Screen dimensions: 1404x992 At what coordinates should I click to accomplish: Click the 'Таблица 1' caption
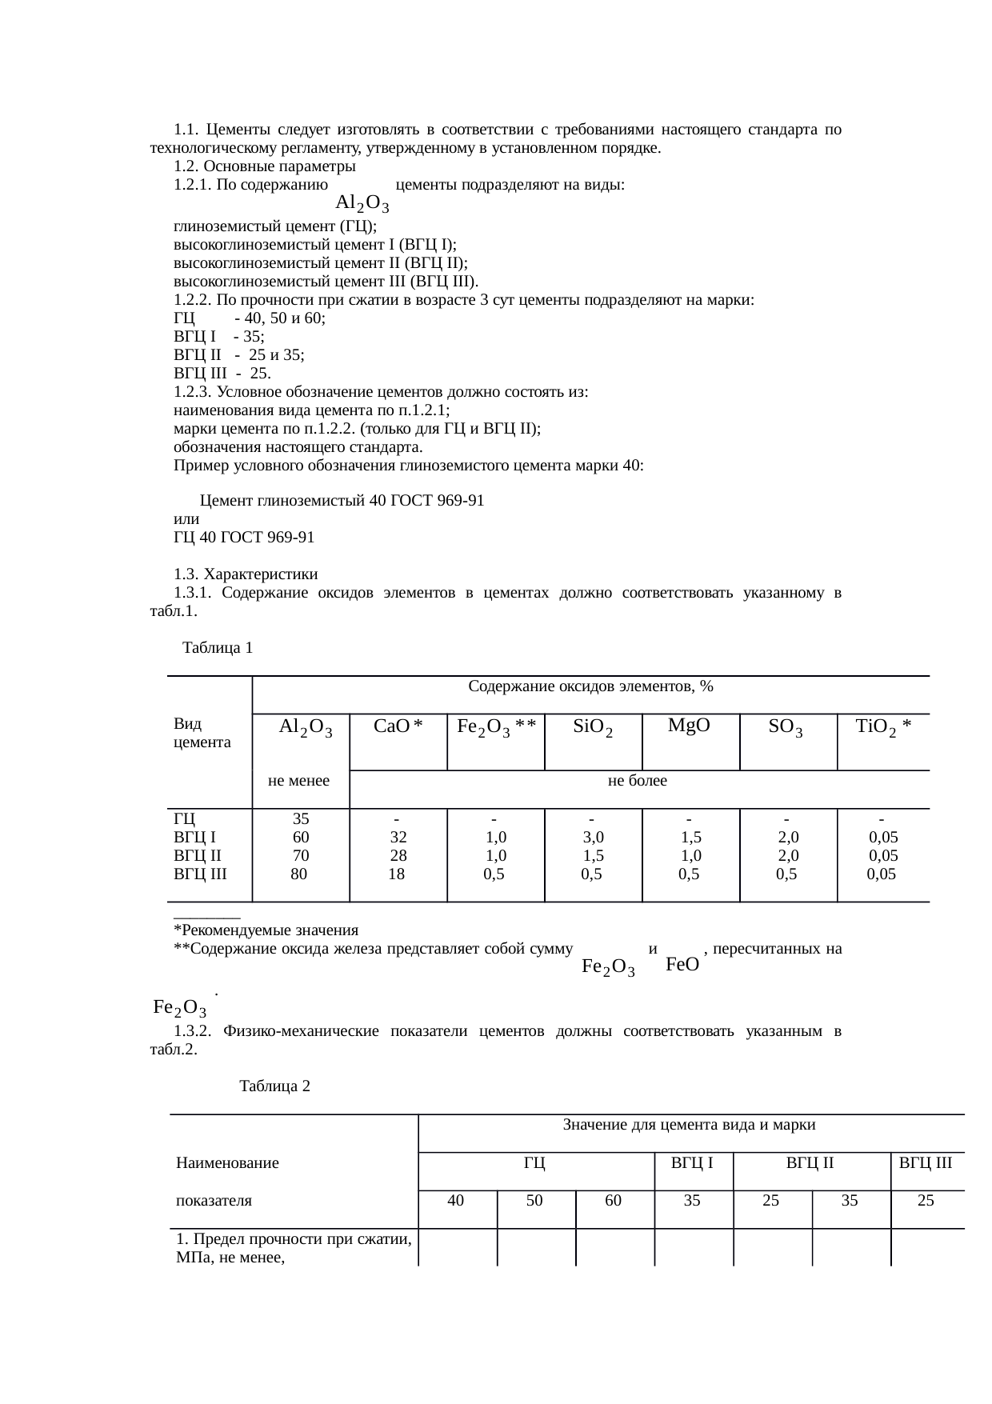218,648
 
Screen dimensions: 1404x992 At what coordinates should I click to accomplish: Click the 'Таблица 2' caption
274,1086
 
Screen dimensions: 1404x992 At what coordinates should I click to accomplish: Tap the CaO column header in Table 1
398,726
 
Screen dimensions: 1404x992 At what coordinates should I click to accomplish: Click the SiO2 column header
593,727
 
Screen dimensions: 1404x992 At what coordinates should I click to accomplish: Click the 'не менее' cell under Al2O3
299,781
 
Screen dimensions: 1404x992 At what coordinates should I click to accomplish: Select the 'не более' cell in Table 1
638,781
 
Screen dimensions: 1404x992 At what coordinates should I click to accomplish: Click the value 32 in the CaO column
398,838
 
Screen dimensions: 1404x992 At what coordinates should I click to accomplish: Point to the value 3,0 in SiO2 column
593,838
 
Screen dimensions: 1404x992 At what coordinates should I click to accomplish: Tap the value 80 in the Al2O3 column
298,874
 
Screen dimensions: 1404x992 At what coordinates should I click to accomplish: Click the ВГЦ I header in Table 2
692,1162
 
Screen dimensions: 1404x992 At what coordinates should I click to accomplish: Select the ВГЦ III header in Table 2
926,1162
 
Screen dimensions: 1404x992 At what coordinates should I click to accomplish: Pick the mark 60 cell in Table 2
614,1201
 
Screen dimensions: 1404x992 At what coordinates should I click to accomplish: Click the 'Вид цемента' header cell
202,733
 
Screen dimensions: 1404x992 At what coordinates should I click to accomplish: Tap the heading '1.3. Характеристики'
246,574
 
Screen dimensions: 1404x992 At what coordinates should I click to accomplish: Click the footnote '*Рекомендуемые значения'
266,930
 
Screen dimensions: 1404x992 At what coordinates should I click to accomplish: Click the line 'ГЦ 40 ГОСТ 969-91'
244,538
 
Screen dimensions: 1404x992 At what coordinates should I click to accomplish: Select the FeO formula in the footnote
682,965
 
